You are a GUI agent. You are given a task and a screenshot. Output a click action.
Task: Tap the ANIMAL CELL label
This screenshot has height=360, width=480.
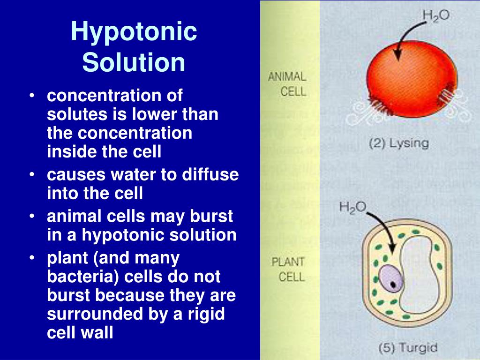pos(287,83)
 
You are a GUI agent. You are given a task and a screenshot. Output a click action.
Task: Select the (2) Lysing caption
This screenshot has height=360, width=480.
pos(399,143)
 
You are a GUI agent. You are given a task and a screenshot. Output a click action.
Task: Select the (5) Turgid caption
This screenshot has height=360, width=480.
pos(407,347)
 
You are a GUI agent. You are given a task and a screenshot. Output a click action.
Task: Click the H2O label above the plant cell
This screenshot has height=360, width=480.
pos(352,207)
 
